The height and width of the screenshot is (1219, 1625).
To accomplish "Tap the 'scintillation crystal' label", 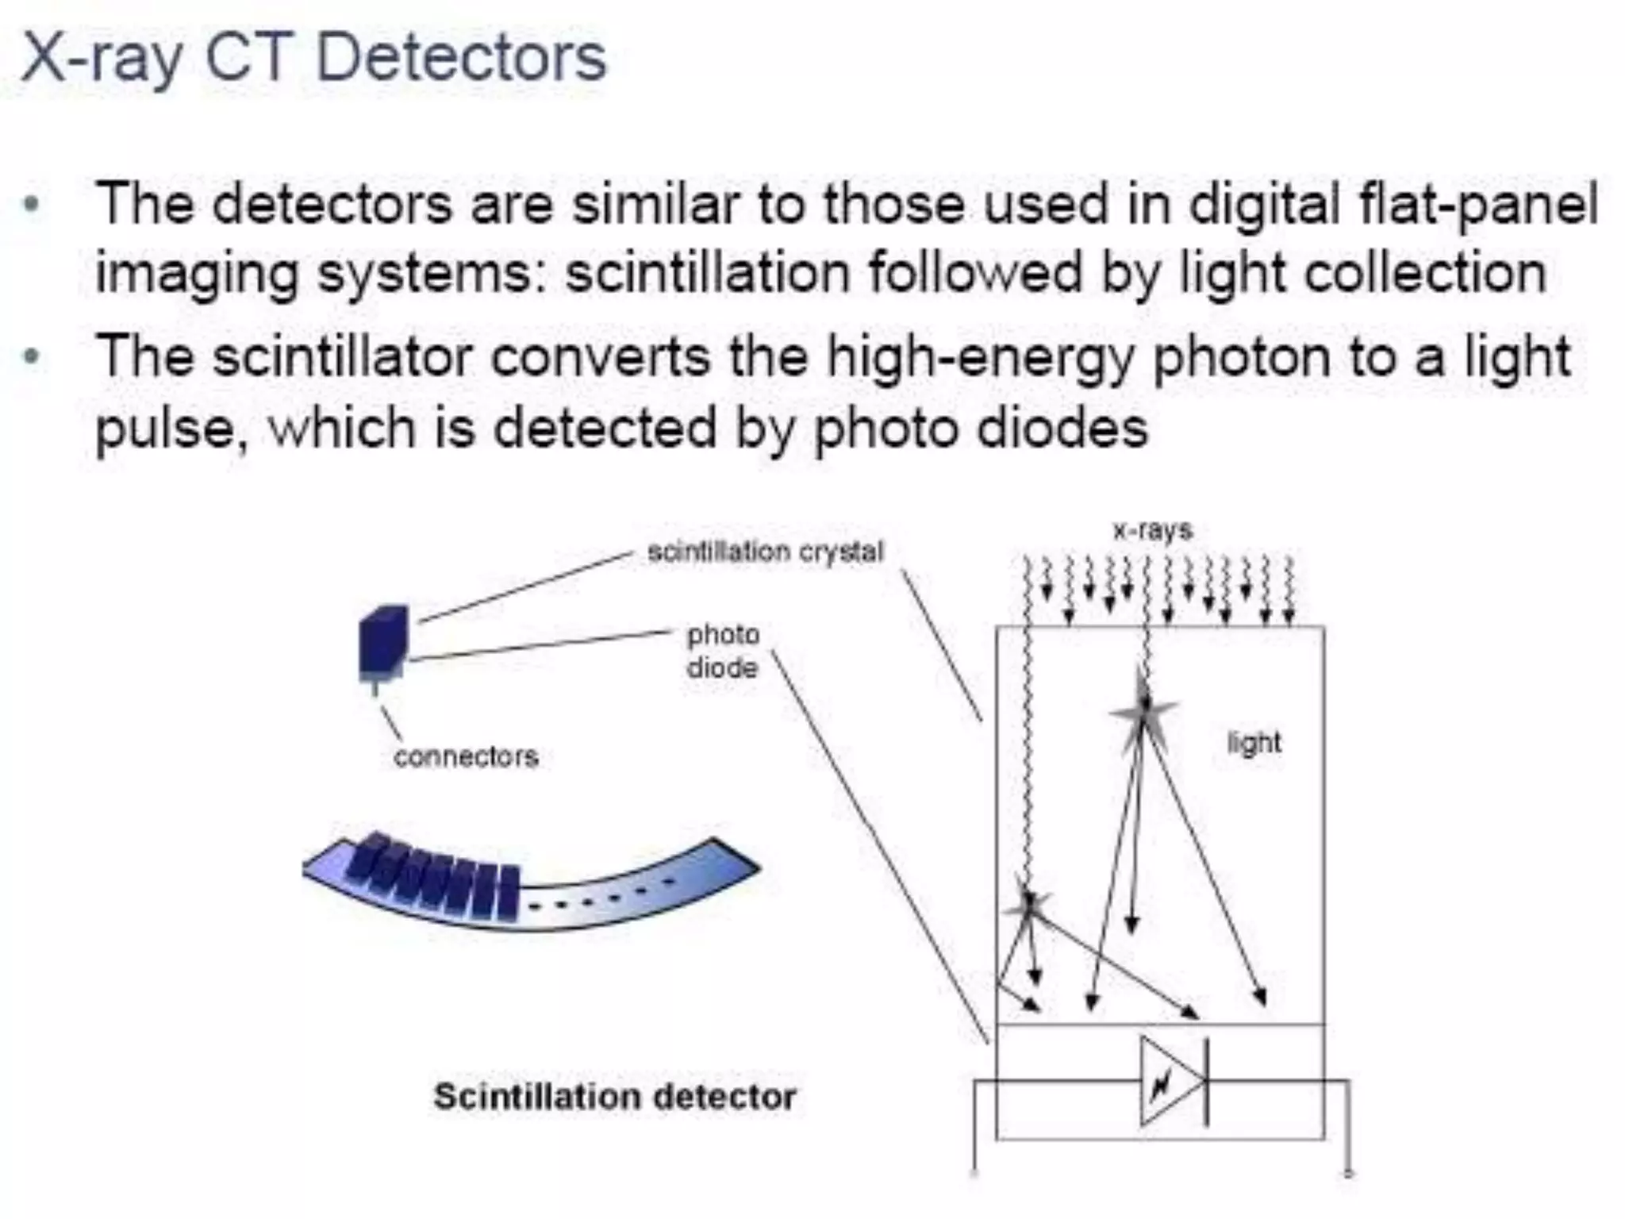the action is pos(765,552).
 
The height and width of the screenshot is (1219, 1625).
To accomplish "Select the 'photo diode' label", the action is pos(722,651).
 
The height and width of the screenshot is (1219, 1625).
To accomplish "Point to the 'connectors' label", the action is pos(466,756).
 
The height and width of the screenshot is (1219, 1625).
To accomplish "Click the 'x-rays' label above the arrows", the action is pos(1153,530).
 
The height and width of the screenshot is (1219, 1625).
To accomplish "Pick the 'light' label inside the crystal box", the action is pos(1254,743).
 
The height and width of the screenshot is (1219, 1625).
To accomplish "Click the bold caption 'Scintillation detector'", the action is pos(615,1097).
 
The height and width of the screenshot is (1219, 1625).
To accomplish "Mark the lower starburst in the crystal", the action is pos(1029,905).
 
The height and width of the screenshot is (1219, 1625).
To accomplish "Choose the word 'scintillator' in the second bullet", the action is pos(344,357).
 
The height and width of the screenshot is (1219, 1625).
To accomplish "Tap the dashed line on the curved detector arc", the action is pos(603,895).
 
